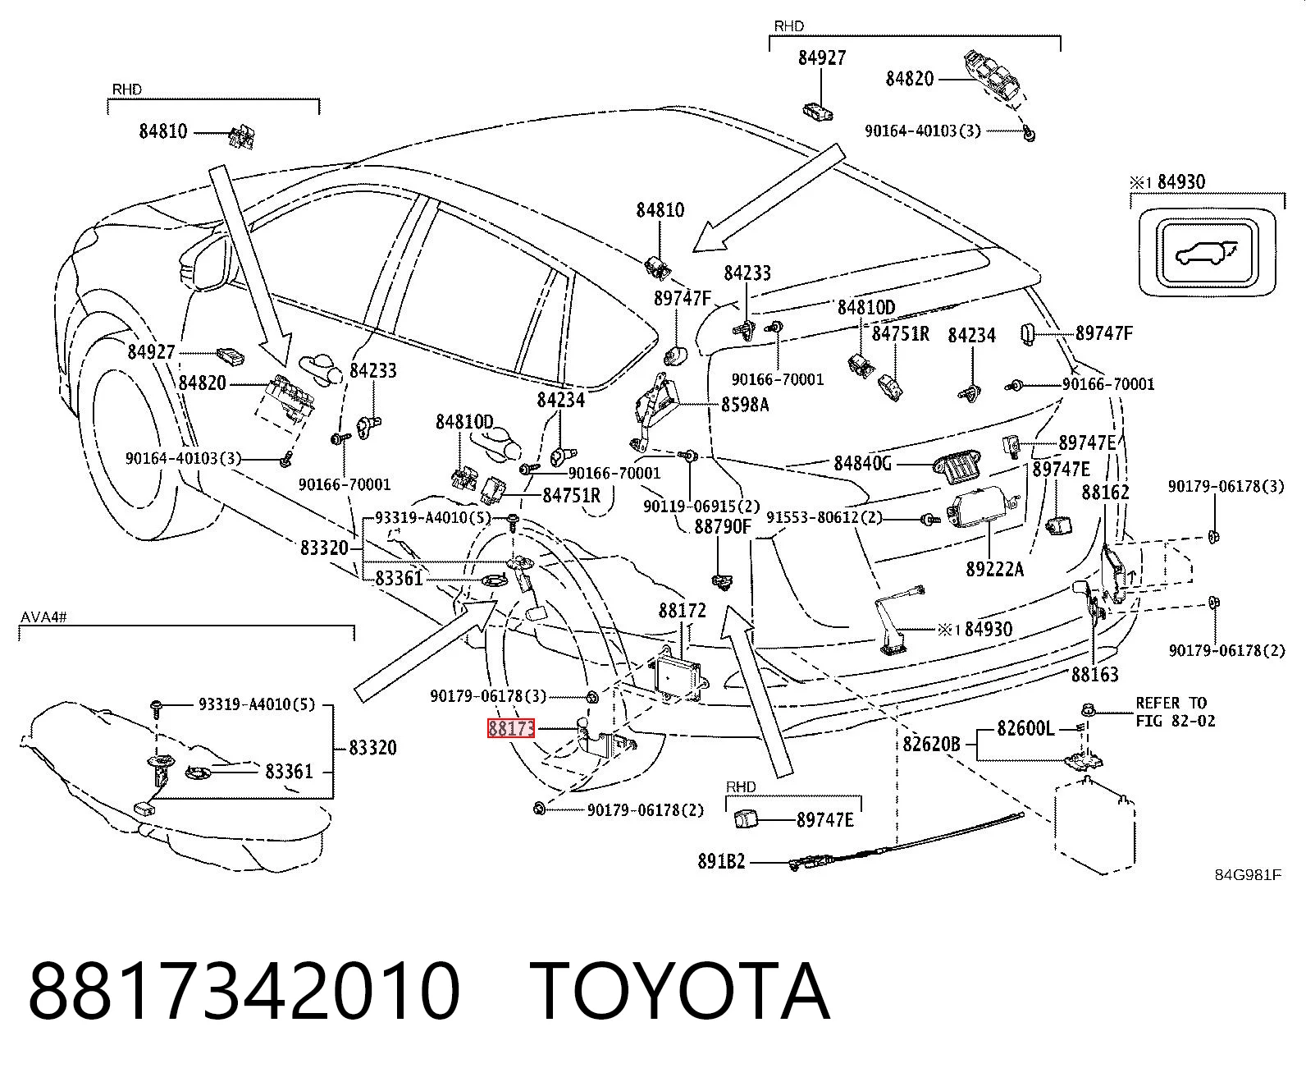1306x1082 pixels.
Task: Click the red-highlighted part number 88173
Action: point(511,728)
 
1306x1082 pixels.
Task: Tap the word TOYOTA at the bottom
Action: point(681,993)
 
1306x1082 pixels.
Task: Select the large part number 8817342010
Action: point(244,993)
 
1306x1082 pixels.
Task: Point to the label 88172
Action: point(682,611)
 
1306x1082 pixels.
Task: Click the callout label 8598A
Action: point(745,405)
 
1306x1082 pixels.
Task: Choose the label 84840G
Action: point(862,463)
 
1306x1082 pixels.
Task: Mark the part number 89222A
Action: point(995,569)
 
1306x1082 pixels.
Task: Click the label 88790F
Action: point(723,526)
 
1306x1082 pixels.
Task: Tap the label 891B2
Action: point(721,862)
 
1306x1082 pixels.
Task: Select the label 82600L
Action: point(1025,728)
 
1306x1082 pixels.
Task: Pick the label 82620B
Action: point(931,744)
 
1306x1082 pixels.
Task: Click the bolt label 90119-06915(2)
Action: point(701,506)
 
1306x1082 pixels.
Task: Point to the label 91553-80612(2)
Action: point(824,518)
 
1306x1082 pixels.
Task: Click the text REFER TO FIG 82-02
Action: point(1176,712)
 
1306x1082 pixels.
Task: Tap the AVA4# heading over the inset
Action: point(43,617)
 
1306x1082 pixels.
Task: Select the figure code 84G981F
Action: point(1248,875)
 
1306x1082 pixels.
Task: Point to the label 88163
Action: point(1094,674)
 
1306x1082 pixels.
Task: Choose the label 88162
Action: point(1105,493)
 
